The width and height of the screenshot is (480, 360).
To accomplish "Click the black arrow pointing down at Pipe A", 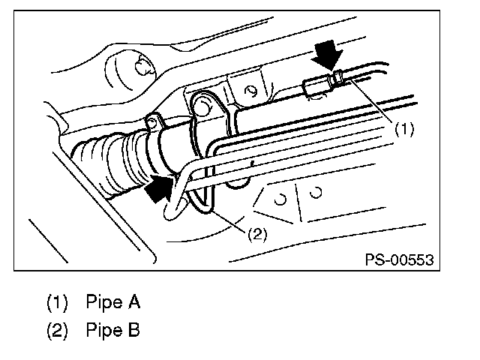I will point(328,53).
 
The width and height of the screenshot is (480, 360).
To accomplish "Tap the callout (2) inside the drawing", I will point(256,233).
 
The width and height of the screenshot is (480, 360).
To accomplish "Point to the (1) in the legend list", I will point(57,303).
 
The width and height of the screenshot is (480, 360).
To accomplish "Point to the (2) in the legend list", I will point(57,330).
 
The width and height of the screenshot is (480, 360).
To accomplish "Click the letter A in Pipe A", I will point(134,303).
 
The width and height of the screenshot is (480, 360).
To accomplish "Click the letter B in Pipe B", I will point(134,330).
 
